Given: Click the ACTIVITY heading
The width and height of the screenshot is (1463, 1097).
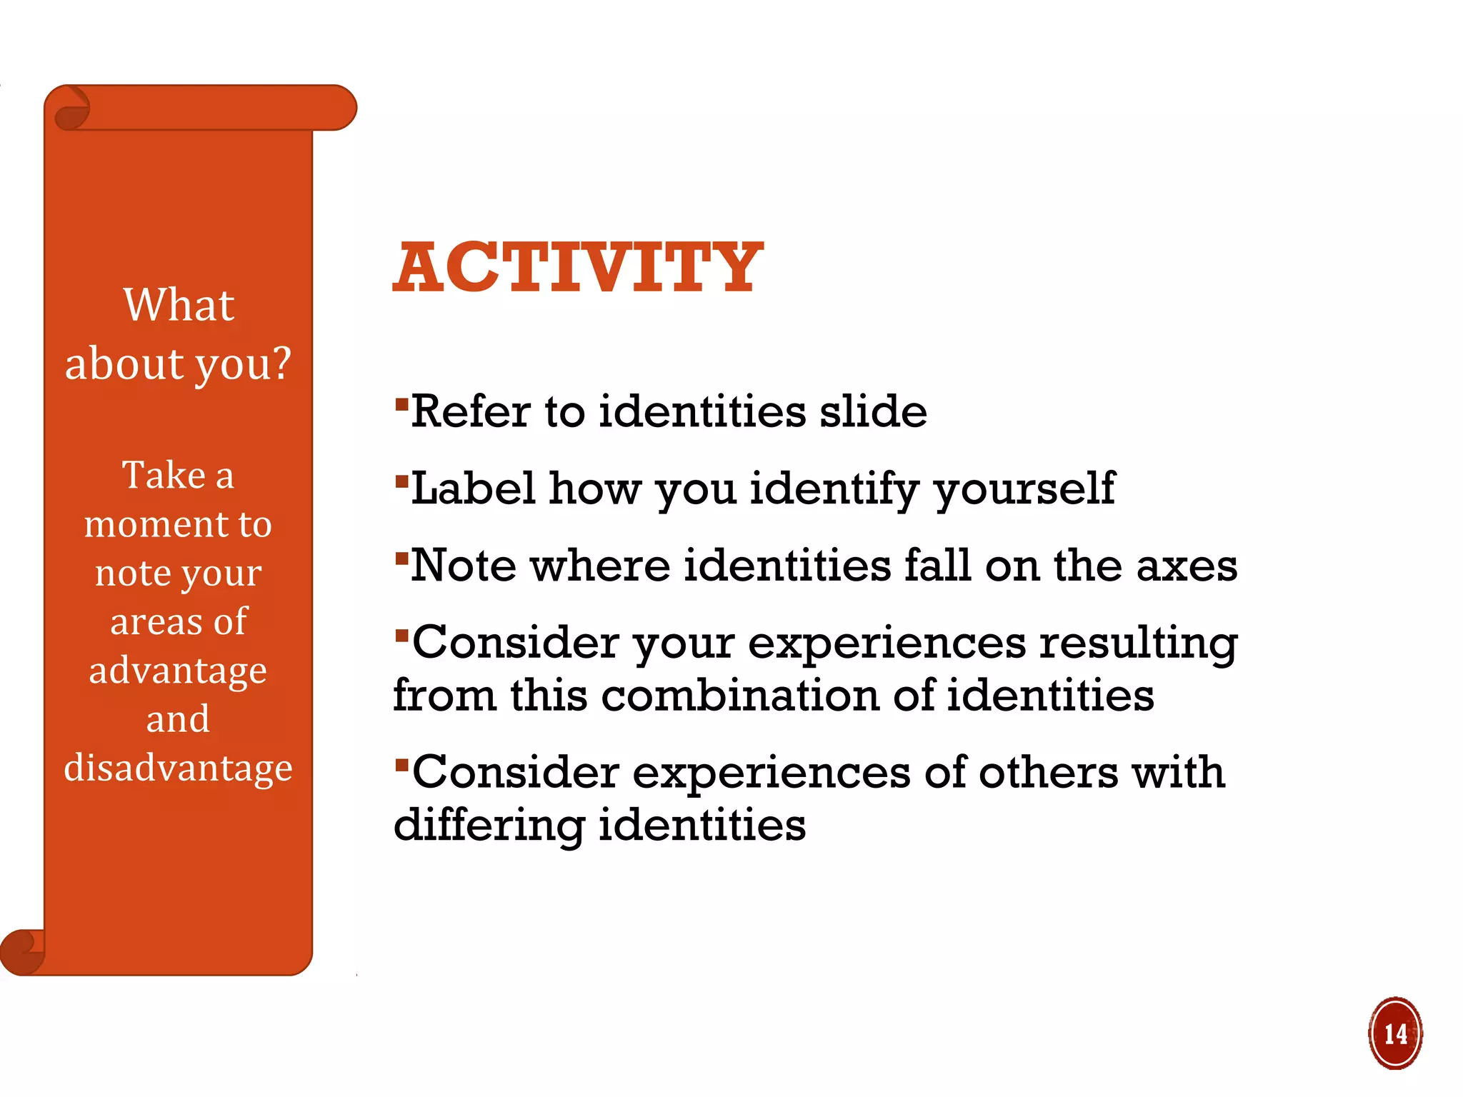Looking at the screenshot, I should [x=577, y=267].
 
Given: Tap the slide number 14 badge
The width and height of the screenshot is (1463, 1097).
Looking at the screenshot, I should [x=1395, y=1033].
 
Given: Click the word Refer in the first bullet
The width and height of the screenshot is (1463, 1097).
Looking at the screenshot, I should [x=471, y=412].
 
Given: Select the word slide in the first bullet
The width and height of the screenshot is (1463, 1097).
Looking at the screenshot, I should [x=873, y=412].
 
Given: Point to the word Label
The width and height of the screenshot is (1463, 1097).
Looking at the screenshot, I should [x=473, y=489].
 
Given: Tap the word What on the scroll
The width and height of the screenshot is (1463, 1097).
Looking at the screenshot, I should [x=179, y=305].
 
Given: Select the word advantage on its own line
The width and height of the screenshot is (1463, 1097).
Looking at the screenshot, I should [x=178, y=671].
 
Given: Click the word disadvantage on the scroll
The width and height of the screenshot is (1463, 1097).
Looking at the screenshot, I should [x=178, y=768].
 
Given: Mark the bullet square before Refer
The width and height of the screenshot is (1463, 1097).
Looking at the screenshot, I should [x=401, y=405].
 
